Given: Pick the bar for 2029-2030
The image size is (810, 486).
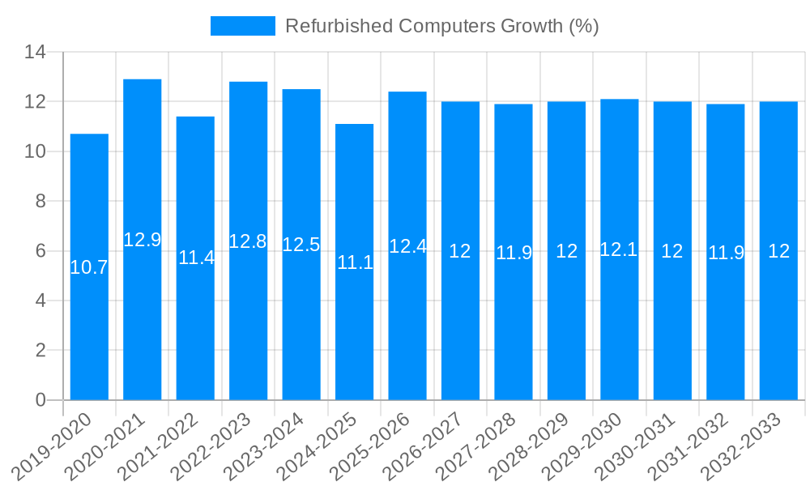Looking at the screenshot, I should tap(620, 324).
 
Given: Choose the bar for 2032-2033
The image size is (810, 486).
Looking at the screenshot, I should tap(778, 324).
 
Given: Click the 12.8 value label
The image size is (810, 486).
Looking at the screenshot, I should tap(248, 241).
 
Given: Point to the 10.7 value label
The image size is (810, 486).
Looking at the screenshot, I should tap(89, 267).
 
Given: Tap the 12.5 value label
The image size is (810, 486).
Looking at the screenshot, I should tap(301, 245).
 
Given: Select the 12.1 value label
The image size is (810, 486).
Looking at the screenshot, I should tap(619, 249).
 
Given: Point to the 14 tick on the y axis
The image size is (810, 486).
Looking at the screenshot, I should tap(35, 53).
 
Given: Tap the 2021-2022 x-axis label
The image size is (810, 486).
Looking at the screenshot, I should tap(166, 445).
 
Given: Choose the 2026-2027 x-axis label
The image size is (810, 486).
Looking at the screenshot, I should tap(431, 445).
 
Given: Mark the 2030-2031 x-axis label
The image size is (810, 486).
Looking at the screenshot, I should tap(643, 445).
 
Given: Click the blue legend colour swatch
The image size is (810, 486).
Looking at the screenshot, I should tap(243, 26).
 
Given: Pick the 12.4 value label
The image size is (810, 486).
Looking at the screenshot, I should tap(407, 247).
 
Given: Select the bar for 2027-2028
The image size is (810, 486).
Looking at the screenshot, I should tap(514, 324).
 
